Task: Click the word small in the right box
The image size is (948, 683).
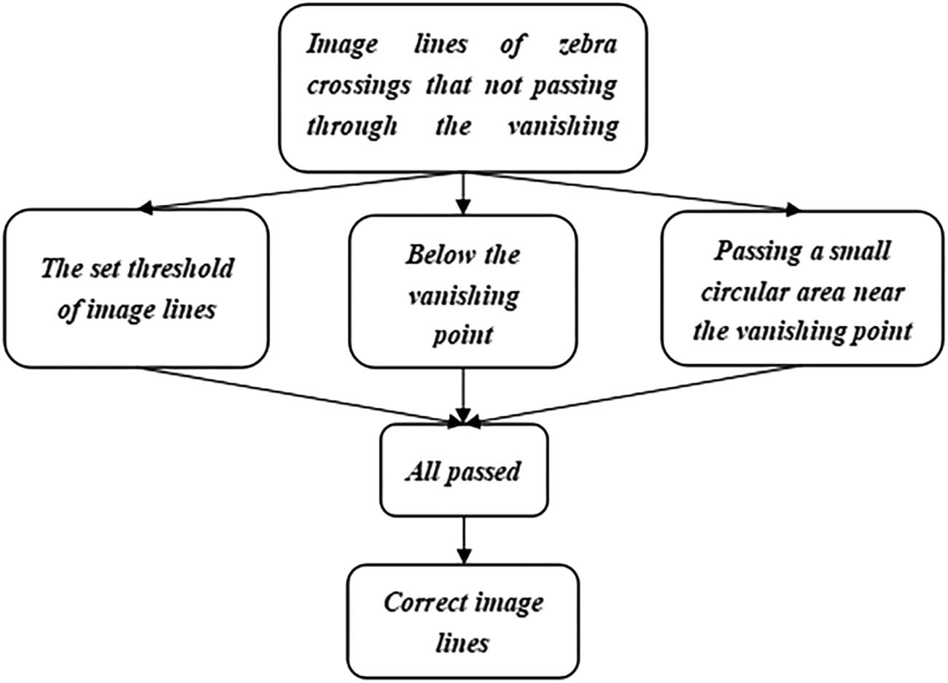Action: coord(863,252)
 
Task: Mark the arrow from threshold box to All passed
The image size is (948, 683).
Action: coord(299,394)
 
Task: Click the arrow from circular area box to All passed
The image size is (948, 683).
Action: coord(634,394)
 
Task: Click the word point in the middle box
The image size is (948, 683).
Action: coord(463,335)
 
